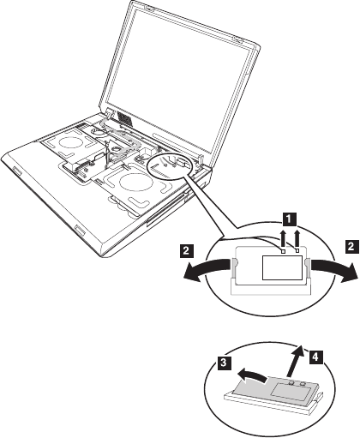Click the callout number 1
tap(290, 219)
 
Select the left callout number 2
tap(186, 251)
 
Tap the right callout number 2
tap(351, 246)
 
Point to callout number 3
tap(224, 363)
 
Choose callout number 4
tap(315, 357)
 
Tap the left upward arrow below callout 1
tap(283, 238)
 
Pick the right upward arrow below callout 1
tap(297, 238)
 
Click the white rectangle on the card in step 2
tap(282, 267)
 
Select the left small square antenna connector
tap(283, 251)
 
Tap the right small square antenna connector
tap(297, 250)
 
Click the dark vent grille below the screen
tap(125, 117)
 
